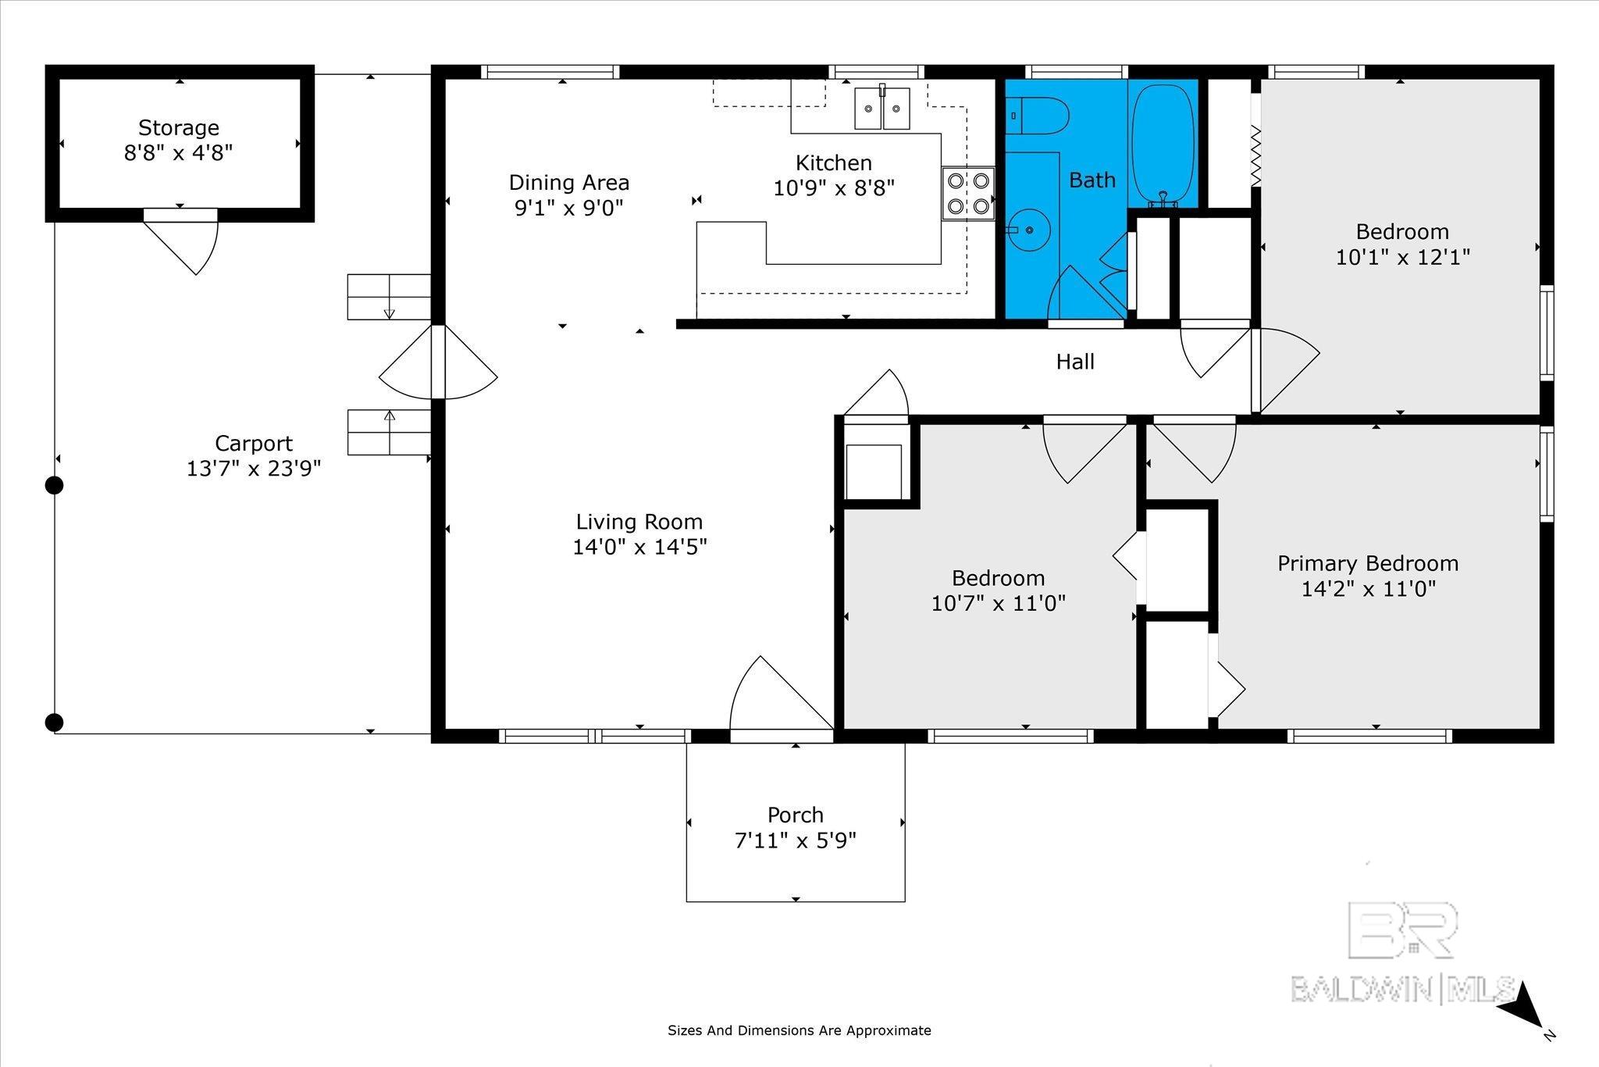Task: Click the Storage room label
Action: (179, 127)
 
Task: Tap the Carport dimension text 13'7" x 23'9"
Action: (254, 469)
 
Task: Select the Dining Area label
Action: (568, 183)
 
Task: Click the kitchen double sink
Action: (882, 108)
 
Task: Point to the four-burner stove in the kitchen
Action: (968, 194)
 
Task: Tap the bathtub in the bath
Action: (1163, 144)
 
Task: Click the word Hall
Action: (1075, 362)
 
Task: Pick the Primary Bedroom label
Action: (1368, 563)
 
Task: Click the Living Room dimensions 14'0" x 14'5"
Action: (640, 547)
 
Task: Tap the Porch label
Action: (796, 815)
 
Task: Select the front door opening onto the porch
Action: (781, 695)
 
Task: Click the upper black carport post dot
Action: (54, 485)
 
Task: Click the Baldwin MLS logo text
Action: (1404, 990)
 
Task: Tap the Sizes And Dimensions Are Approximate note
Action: (799, 1030)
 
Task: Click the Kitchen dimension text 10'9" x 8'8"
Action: (834, 188)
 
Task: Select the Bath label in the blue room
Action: (1092, 180)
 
